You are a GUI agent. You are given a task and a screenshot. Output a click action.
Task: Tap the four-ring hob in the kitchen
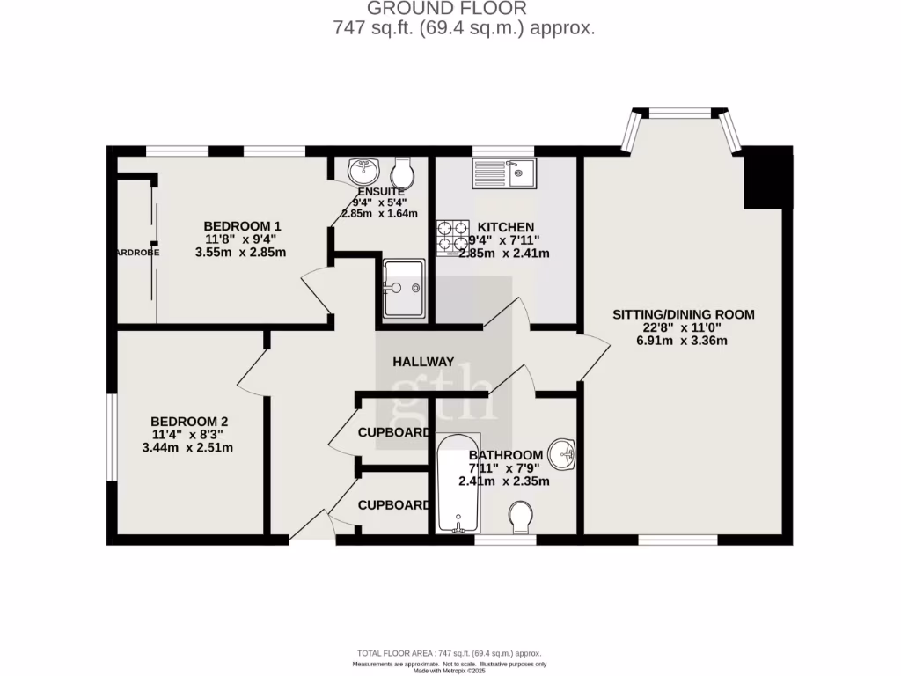tap(452, 236)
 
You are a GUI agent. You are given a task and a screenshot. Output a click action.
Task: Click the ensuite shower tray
tap(404, 288)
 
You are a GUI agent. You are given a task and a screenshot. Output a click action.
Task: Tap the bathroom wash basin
tap(562, 454)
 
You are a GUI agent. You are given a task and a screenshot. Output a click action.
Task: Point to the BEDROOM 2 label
tap(189, 421)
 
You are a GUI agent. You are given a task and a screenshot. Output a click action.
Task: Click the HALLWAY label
tap(423, 362)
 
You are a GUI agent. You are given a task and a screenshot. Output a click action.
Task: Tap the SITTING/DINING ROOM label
tap(684, 314)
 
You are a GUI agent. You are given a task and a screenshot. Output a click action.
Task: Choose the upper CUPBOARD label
tap(393, 433)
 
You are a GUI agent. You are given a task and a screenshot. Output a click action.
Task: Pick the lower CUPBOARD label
tap(393, 505)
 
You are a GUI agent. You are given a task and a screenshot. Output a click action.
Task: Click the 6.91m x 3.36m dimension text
tap(684, 341)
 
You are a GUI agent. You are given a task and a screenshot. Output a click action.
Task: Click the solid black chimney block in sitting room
tap(764, 180)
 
